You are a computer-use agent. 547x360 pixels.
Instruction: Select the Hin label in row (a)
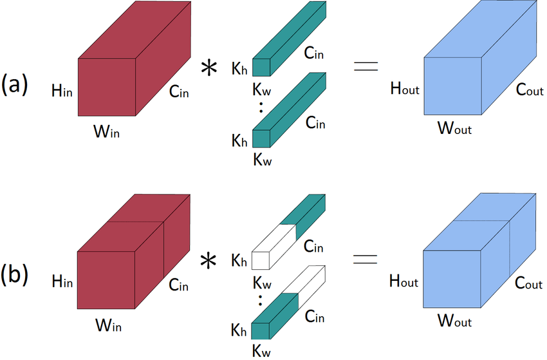click(62, 91)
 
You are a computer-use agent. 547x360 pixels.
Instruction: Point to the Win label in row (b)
click(109, 325)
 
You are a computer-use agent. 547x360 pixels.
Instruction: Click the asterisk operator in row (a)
click(209, 68)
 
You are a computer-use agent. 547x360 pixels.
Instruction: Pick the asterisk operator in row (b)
click(209, 261)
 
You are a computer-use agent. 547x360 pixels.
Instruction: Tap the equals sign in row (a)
click(366, 66)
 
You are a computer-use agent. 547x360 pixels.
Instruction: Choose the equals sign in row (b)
click(366, 259)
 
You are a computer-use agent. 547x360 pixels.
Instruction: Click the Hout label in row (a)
click(405, 88)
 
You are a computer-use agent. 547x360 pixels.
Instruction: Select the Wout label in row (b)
click(455, 321)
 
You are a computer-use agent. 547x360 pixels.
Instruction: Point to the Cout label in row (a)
click(530, 90)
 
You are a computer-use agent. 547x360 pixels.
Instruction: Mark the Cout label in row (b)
click(528, 283)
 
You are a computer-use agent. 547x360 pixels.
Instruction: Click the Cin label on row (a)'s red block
click(179, 91)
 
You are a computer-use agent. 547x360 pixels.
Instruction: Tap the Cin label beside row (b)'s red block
click(179, 285)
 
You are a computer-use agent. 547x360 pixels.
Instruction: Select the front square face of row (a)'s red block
click(107, 87)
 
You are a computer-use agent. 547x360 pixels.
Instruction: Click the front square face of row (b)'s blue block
click(452, 279)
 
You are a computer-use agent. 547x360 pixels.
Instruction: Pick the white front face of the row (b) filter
click(260, 260)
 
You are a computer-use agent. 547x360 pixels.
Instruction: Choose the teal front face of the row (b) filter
click(260, 331)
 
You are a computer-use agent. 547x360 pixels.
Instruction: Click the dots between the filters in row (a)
click(261, 108)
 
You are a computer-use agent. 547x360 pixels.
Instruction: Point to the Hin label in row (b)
click(62, 281)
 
